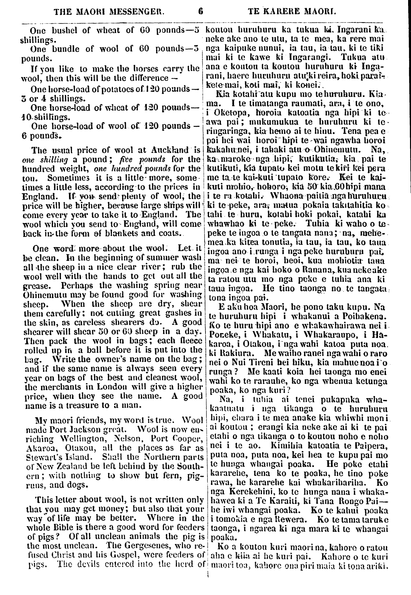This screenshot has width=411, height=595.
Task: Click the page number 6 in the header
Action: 201,13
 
